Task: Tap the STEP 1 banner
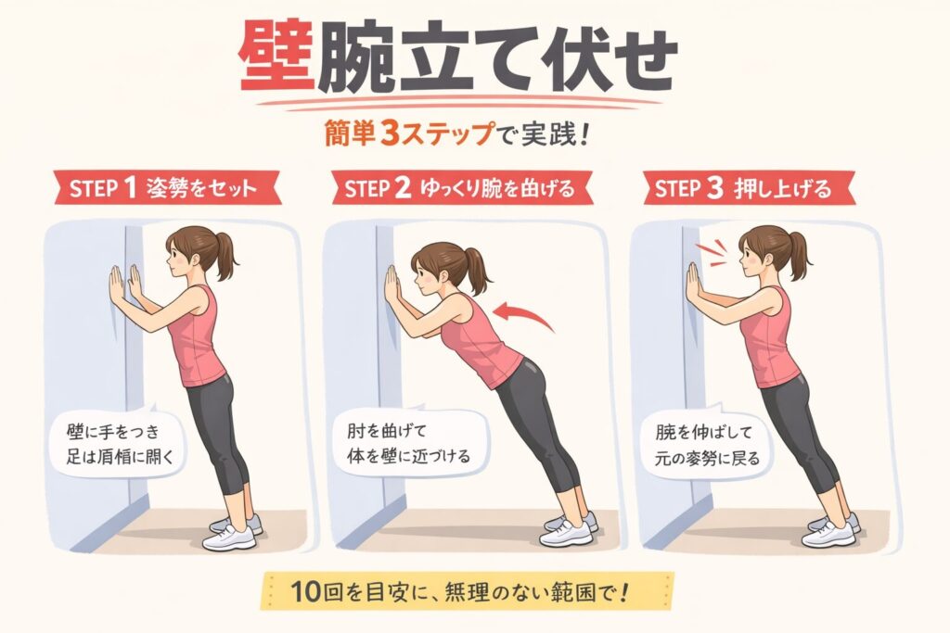point(167,188)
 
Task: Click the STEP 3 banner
point(749,188)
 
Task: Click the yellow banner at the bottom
point(468,590)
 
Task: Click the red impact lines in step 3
point(711,252)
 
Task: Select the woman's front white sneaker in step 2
point(564,533)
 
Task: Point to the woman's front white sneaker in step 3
point(828,534)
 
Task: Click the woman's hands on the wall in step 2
point(392,285)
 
